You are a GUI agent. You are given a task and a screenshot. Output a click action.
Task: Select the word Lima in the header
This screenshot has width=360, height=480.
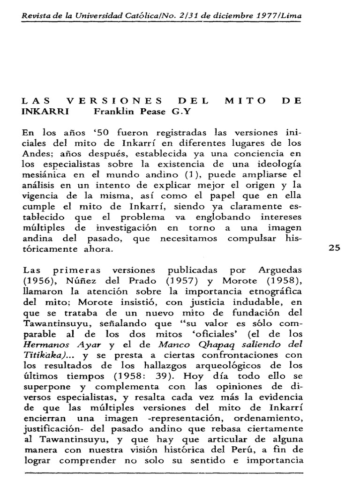(x=290, y=15)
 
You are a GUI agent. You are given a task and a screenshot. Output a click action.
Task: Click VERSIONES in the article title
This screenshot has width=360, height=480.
(x=115, y=100)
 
